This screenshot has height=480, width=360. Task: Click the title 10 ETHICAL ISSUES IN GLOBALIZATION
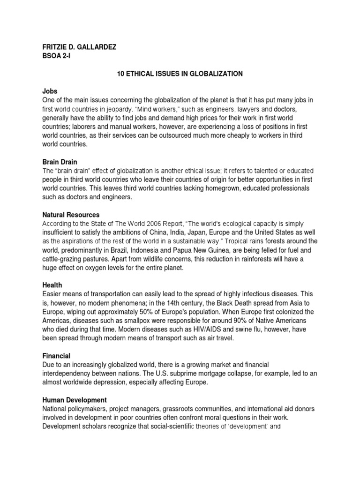click(x=180, y=74)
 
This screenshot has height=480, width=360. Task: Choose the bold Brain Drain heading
click(x=60, y=162)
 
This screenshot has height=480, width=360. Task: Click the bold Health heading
click(x=52, y=285)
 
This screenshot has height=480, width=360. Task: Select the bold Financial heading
click(x=57, y=356)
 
